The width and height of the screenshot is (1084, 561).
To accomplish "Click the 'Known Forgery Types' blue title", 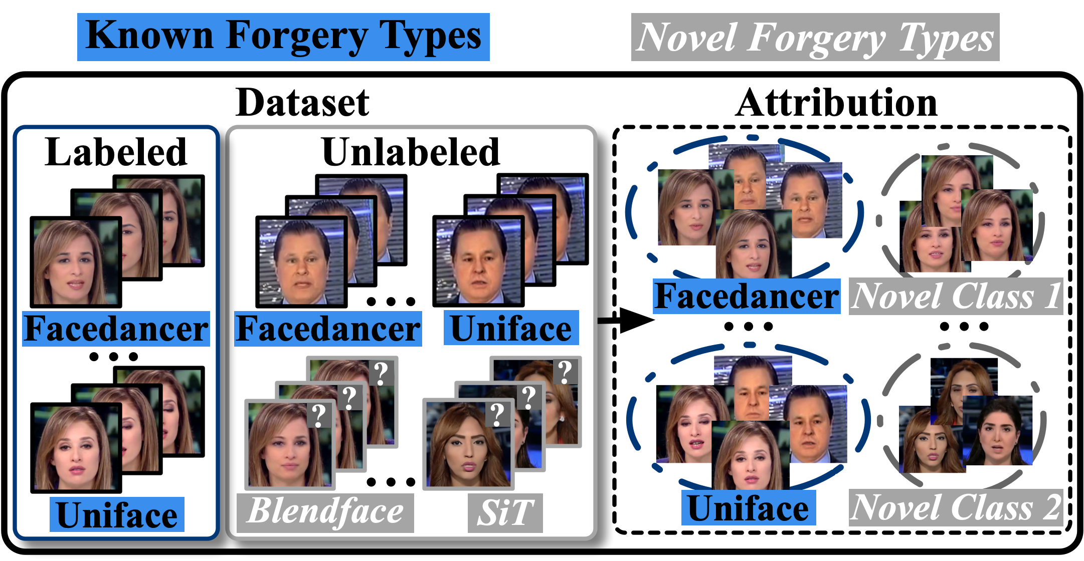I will point(283,37).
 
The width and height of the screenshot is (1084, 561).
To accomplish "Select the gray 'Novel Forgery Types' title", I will point(815,38).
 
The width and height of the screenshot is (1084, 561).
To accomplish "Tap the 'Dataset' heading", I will point(302,103).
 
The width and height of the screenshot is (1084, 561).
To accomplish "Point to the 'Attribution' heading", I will point(836,103).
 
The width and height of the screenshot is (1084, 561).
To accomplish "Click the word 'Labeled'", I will point(116,152).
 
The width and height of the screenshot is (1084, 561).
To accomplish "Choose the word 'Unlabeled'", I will point(411,152).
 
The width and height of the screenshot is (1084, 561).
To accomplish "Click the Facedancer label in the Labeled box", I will point(116,329).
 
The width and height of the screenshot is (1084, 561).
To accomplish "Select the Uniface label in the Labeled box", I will point(117,515).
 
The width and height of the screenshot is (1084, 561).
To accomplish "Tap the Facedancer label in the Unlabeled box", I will point(328,329).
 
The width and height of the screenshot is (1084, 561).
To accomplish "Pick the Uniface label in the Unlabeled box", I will point(511,329).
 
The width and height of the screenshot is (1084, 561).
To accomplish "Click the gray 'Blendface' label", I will point(326,512).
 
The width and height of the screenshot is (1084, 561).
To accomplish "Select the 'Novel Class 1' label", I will point(956,297).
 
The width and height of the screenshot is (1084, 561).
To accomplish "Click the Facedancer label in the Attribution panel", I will point(747,297).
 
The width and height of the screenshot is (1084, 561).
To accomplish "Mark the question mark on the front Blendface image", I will point(318,415).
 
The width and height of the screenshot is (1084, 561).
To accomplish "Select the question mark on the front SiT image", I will point(497,414).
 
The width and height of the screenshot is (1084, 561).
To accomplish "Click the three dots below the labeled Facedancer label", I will point(113,357).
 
